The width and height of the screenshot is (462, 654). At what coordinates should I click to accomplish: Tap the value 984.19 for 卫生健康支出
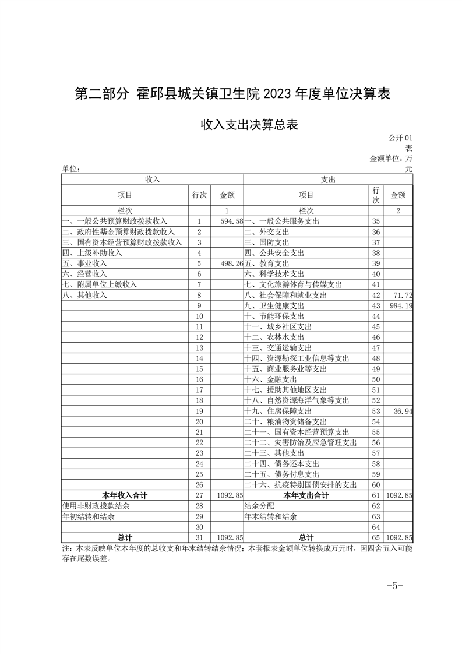[401, 305]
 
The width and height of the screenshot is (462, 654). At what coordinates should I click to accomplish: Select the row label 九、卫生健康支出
[274, 305]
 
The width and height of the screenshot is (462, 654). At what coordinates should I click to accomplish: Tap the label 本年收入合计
[125, 495]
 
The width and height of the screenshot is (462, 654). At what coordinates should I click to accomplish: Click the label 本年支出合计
[306, 495]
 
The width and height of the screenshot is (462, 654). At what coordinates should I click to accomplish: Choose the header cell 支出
[329, 179]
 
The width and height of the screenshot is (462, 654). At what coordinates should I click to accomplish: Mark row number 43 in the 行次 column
[376, 305]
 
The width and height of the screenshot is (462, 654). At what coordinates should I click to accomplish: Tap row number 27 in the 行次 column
[199, 495]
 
